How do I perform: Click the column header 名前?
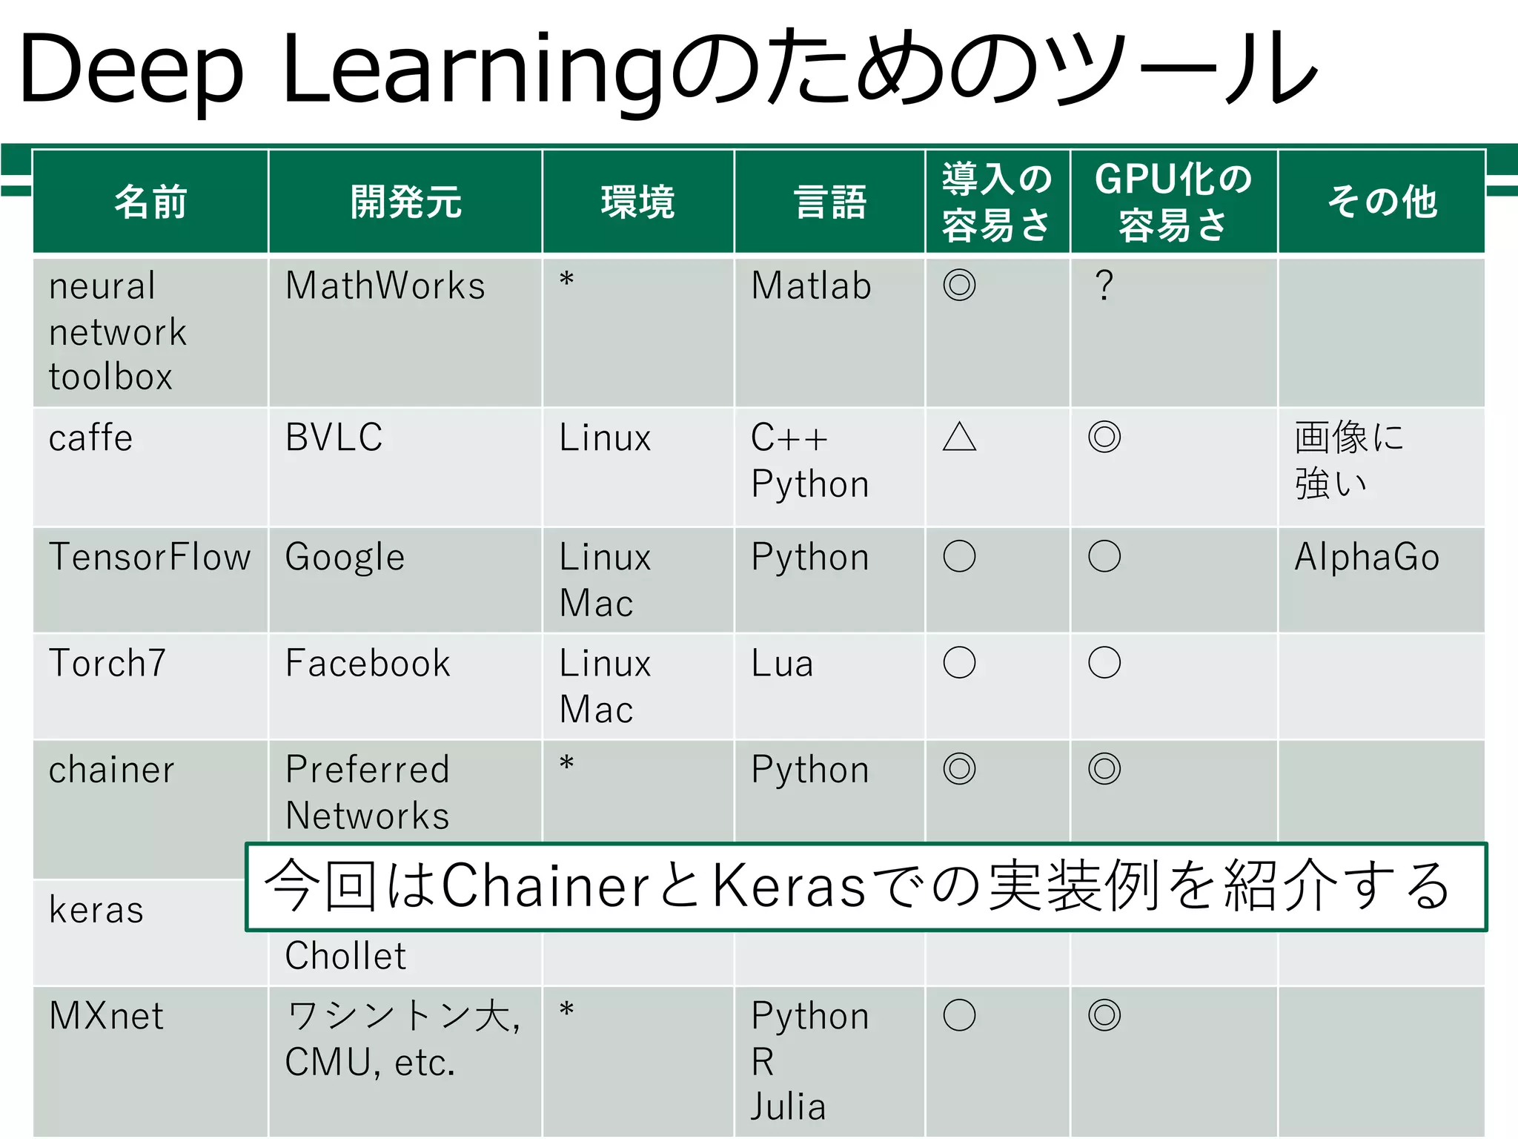pos(150,202)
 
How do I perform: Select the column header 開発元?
pos(405,202)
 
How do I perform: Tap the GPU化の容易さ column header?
pos(1173,202)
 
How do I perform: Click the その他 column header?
pos(1382,202)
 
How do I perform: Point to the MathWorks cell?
pos(385,286)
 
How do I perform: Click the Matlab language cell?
pos(811,286)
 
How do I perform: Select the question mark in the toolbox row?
pos(1104,286)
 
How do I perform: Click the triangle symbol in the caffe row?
pos(959,437)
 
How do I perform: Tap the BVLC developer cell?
pos(334,438)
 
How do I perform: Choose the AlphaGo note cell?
pos(1367,558)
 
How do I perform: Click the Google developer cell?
pos(345,558)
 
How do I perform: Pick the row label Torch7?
pos(107,663)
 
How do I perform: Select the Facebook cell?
pos(368,663)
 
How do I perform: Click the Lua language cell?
pos(782,664)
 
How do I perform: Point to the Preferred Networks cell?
pos(368,792)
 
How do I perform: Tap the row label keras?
pos(96,910)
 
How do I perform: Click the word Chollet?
pos(345,956)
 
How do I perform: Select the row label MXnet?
pos(106,1016)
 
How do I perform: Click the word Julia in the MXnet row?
pos(788,1107)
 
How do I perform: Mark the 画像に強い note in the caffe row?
pos(1348,460)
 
